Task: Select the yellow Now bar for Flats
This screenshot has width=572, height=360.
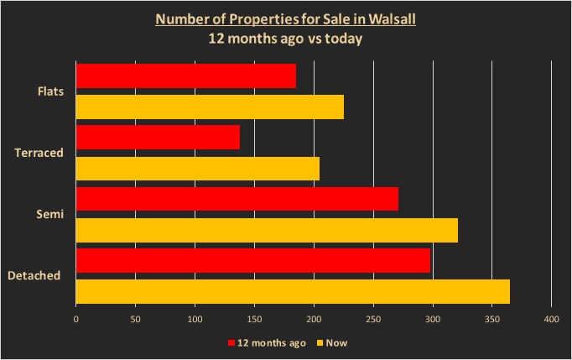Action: coord(210,107)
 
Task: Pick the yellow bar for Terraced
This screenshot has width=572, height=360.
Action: coord(198,168)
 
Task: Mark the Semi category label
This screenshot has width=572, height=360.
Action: coord(50,215)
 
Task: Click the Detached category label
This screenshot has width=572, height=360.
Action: coord(34,275)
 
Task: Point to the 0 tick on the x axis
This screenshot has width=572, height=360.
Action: coord(76,320)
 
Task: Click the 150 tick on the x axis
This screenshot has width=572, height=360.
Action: coord(254,320)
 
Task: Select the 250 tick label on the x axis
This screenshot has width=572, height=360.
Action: coord(373,320)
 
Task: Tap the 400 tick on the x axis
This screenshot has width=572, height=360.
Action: coord(551,320)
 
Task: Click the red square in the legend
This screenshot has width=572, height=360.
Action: coord(231,343)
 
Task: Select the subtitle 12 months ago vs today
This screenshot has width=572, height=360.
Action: coord(286,38)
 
